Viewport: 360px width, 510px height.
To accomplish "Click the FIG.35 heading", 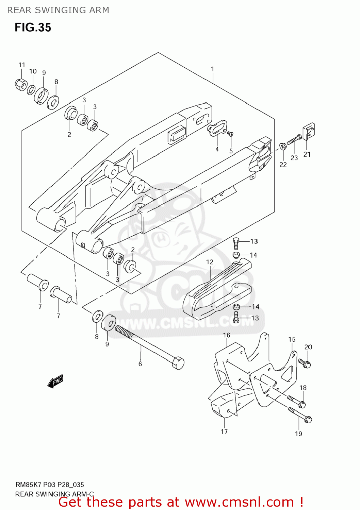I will point(33,28).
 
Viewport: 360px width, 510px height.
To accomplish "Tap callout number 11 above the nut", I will point(22,65).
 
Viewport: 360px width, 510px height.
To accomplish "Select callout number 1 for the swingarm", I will point(213,69).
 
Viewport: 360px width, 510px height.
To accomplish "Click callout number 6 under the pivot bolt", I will point(140,364).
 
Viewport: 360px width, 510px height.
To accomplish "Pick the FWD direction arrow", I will point(55,381).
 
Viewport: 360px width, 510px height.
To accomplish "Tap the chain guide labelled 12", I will point(218,289).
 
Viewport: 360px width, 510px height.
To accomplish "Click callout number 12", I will point(210,262).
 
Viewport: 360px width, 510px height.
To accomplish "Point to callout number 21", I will point(307,154).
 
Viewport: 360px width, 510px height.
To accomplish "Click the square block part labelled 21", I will point(309,132).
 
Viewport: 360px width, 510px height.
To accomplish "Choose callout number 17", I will point(224,431).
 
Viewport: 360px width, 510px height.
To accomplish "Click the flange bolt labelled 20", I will point(305,363).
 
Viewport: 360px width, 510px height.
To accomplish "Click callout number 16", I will point(227,335).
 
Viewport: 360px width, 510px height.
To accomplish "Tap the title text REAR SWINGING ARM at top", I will point(58,10).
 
